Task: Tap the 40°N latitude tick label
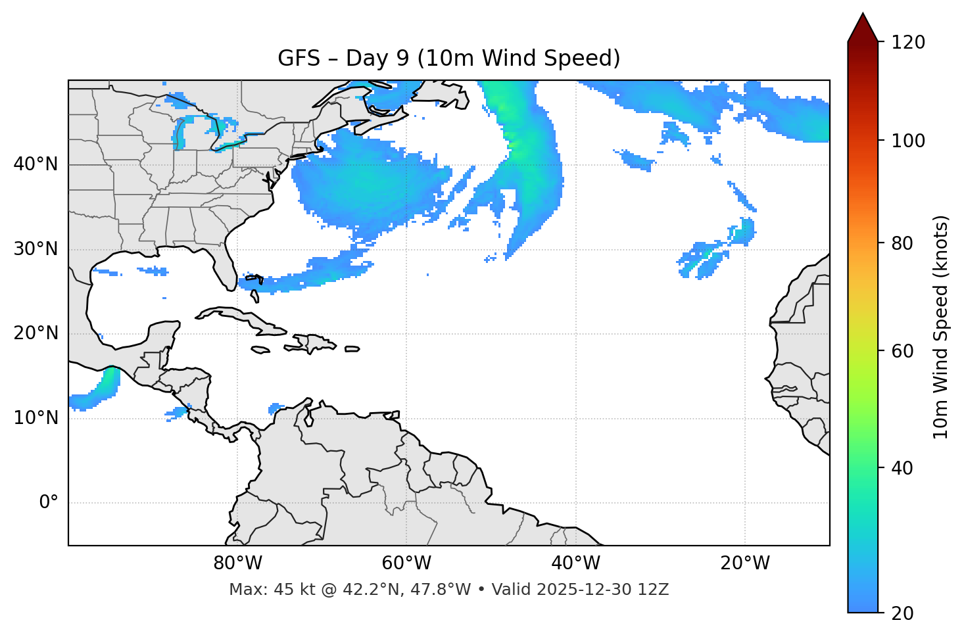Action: pyautogui.click(x=36, y=164)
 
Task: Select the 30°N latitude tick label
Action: pyautogui.click(x=36, y=249)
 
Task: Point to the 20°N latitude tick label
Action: pyautogui.click(x=36, y=333)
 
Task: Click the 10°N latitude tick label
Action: pyautogui.click(x=36, y=418)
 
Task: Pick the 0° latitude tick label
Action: pyautogui.click(x=49, y=503)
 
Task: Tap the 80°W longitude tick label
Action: pyautogui.click(x=237, y=563)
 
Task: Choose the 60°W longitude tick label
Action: pyautogui.click(x=406, y=563)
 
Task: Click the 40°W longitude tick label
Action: pyautogui.click(x=575, y=563)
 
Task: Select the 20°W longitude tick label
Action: pyautogui.click(x=745, y=563)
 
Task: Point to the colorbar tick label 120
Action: pyautogui.click(x=908, y=43)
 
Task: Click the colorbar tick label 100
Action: pyautogui.click(x=908, y=141)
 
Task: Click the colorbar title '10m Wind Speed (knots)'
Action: pyautogui.click(x=941, y=327)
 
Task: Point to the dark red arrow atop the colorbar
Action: pyautogui.click(x=863, y=28)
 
